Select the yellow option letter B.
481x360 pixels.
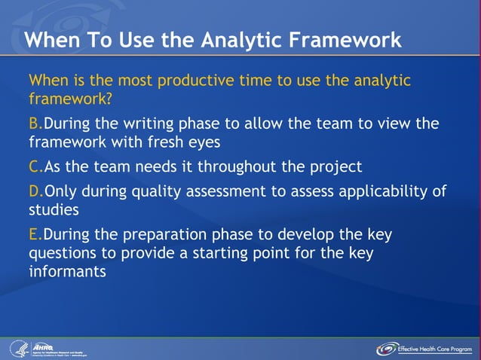coord(34,124)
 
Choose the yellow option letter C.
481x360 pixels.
coord(34,166)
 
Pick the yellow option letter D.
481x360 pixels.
coord(35,191)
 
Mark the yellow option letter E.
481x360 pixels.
coord(34,235)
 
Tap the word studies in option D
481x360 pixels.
coord(54,209)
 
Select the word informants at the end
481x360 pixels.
coord(67,271)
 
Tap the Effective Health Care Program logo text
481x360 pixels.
coord(436,349)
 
